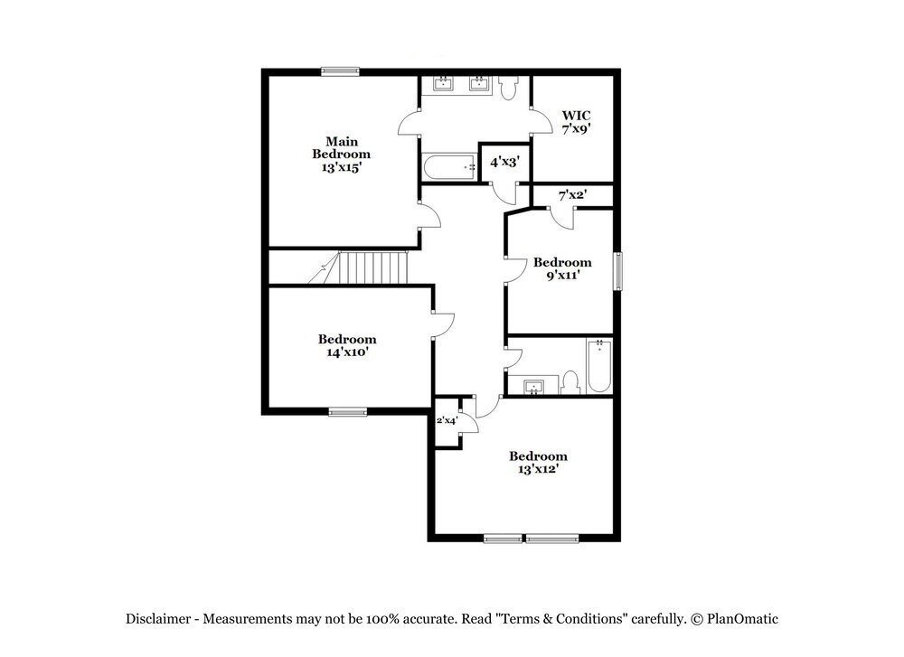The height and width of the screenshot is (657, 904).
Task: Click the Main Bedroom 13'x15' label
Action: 342,155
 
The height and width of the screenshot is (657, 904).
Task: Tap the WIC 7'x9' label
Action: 576,122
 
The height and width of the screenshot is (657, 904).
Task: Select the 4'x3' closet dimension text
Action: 504,162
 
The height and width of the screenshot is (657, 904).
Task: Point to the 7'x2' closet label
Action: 572,194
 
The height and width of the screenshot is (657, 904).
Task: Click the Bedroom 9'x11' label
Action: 561,268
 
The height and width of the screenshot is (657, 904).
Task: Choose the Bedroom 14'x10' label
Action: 347,345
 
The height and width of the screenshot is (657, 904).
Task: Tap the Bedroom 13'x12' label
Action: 538,463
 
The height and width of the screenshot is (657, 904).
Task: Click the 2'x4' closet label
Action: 447,420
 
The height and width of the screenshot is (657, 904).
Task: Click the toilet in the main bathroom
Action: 507,88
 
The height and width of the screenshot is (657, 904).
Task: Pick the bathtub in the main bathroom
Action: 448,167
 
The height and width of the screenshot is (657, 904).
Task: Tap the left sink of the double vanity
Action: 444,86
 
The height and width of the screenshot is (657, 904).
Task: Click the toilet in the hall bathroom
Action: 570,382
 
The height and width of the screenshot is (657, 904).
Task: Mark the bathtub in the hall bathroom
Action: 599,366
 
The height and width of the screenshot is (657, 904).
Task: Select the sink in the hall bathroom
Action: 535,387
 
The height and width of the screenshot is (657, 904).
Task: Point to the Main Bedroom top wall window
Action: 341,70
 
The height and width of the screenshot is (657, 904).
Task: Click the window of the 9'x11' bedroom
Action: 619,271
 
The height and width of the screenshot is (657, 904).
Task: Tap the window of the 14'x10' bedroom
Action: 348,412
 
